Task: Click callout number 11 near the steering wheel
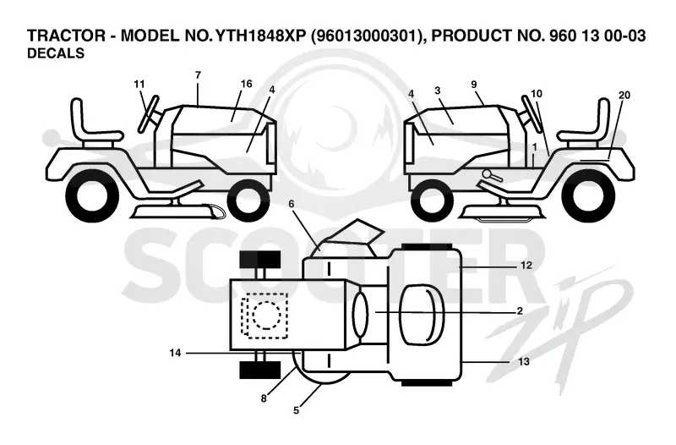(x=139, y=84)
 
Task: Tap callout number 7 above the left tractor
(x=198, y=75)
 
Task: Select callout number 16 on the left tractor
(x=246, y=83)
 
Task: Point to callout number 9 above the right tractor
(x=474, y=84)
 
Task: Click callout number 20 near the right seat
(x=624, y=95)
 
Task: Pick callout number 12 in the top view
(x=526, y=265)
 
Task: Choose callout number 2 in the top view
(x=520, y=310)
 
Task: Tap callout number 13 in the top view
(x=524, y=361)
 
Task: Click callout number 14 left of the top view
(x=175, y=353)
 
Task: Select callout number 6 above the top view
(x=292, y=203)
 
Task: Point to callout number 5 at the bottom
(x=297, y=410)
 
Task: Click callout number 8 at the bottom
(x=264, y=398)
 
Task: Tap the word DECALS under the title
(x=56, y=53)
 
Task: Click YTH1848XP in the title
(x=260, y=36)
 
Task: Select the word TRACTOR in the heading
(x=66, y=36)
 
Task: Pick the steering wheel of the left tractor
(x=149, y=113)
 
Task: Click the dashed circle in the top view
(x=267, y=315)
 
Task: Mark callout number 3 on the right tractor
(x=438, y=91)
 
